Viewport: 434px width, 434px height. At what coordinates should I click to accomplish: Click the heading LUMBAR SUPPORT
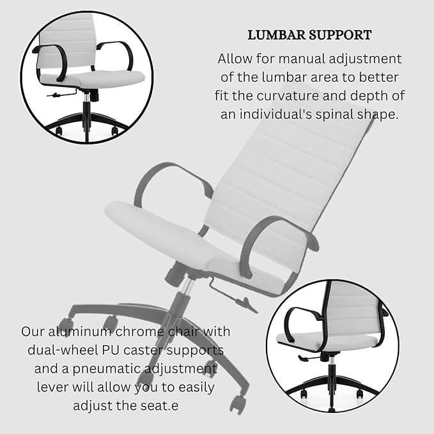309,34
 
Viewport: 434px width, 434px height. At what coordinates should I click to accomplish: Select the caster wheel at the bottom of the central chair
238,403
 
